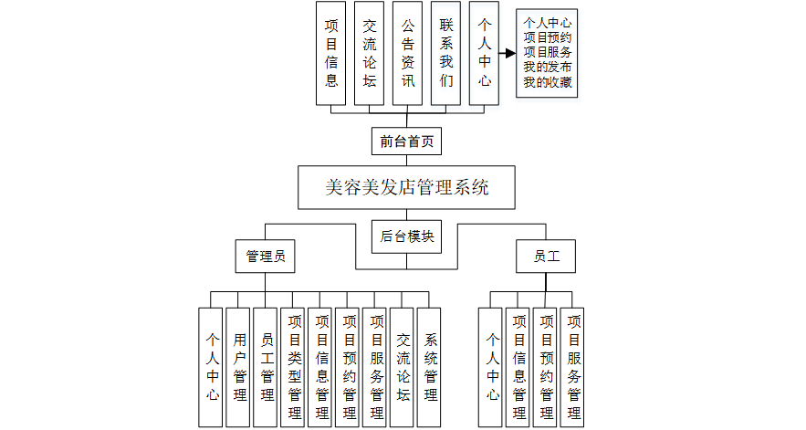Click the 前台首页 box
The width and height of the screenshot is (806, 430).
(406, 142)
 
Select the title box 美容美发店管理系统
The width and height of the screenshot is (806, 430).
(407, 188)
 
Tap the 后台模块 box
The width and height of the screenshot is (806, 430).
(407, 236)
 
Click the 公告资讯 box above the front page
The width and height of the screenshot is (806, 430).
(407, 52)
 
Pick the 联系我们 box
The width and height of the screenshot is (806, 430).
(445, 52)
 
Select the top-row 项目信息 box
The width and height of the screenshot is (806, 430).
(330, 52)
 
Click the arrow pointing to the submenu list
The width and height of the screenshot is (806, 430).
(507, 53)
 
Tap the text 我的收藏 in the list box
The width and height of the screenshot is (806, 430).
(549, 83)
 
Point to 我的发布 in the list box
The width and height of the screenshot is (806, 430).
(549, 68)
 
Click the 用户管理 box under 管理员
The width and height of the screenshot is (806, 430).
(240, 367)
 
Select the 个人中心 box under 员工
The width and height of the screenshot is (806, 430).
(492, 367)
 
